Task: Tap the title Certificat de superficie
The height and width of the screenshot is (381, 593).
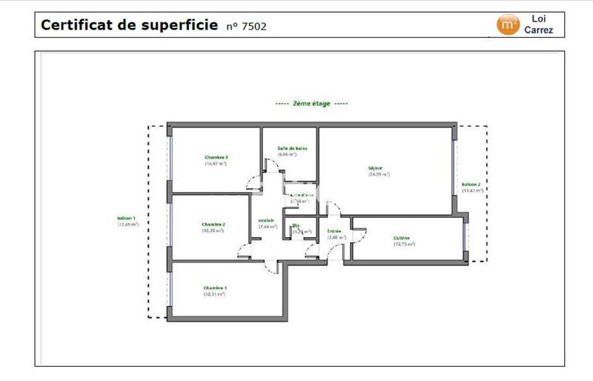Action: (x=130, y=24)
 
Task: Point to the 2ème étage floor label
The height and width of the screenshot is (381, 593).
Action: (x=311, y=105)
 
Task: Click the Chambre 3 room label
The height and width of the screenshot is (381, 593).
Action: (x=216, y=157)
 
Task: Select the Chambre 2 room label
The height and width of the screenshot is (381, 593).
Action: (x=213, y=225)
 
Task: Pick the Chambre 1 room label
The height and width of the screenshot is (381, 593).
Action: (x=214, y=288)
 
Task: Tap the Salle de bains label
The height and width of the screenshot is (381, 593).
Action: (x=293, y=148)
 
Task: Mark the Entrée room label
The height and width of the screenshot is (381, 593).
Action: (x=334, y=231)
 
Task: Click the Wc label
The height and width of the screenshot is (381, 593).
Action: (x=295, y=225)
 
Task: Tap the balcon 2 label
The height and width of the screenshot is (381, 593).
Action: (x=471, y=184)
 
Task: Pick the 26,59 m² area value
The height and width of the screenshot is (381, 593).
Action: (x=378, y=174)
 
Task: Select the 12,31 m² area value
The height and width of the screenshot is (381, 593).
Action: (x=214, y=294)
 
